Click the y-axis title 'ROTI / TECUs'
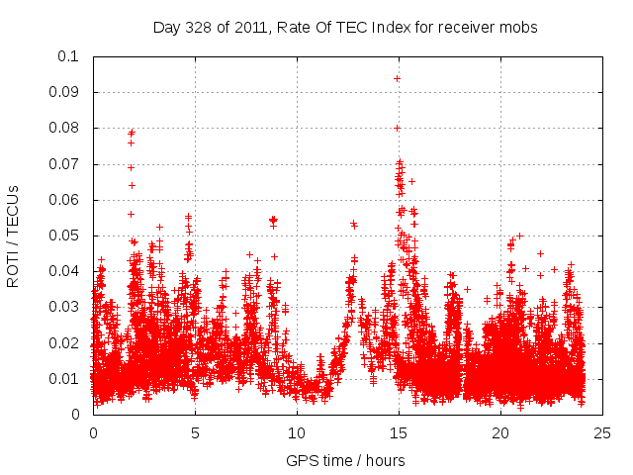click(13, 236)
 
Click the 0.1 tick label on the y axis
click(68, 56)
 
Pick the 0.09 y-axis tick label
click(64, 92)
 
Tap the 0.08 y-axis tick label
click(64, 128)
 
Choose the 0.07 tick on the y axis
click(64, 164)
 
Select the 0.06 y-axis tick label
click(64, 200)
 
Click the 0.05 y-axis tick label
click(64, 236)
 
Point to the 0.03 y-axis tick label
click(64, 307)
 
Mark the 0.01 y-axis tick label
click(64, 379)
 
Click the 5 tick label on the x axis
click(195, 432)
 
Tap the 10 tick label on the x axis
click(297, 432)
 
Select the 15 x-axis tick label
click(399, 432)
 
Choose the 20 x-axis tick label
click(500, 432)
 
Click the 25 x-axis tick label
click(602, 432)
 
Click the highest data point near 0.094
click(398, 78)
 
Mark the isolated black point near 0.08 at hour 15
click(398, 128)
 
